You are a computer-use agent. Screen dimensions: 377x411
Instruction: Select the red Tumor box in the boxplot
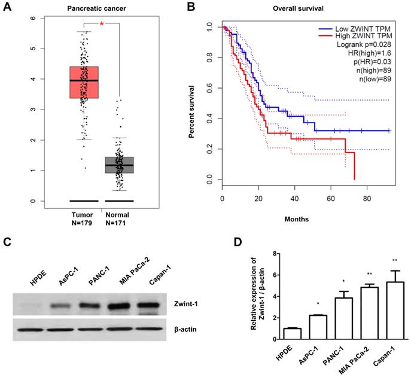pos(84,82)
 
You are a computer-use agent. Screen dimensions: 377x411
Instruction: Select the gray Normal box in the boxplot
pos(120,165)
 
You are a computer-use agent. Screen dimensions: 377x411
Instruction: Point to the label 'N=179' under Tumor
pos(84,225)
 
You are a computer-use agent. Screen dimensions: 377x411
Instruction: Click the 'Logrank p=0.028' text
pos(361,45)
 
